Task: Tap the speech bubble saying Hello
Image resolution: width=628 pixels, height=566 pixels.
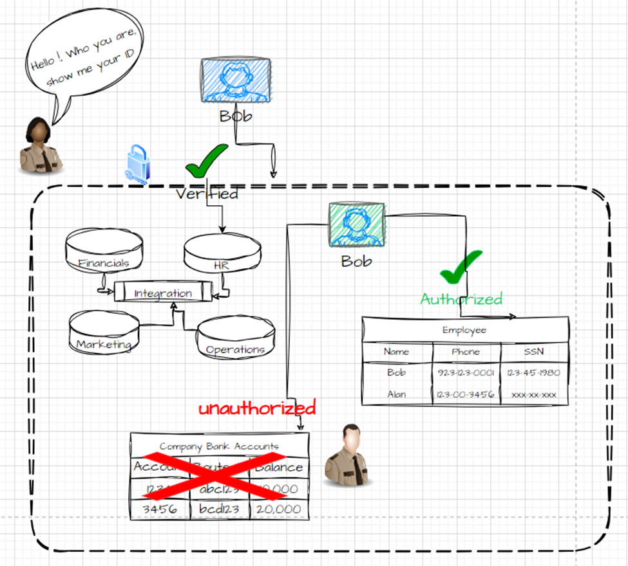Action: (85, 61)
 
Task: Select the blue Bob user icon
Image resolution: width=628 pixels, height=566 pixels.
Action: (235, 80)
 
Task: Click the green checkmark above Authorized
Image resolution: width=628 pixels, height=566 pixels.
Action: (461, 267)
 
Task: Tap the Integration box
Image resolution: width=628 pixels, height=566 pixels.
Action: (163, 293)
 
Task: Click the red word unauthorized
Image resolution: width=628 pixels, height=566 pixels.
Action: (257, 408)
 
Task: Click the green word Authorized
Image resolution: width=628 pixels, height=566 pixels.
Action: (461, 299)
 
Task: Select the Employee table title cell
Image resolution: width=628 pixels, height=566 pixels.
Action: (464, 330)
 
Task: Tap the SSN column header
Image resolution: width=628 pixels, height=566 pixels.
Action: (533, 352)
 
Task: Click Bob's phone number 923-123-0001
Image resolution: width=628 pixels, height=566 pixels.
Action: (465, 373)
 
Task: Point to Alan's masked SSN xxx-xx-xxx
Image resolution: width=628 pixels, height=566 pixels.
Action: (533, 394)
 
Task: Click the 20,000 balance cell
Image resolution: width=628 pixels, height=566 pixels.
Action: (278, 509)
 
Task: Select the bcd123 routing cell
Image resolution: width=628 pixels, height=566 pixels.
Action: (219, 509)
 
